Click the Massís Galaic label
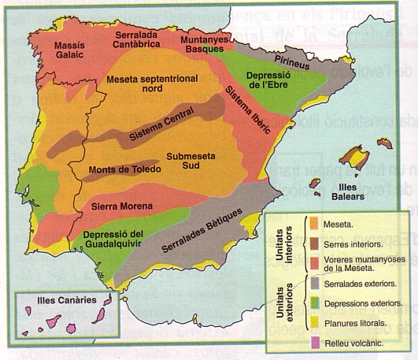[69, 50]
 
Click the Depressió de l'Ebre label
[269, 80]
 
